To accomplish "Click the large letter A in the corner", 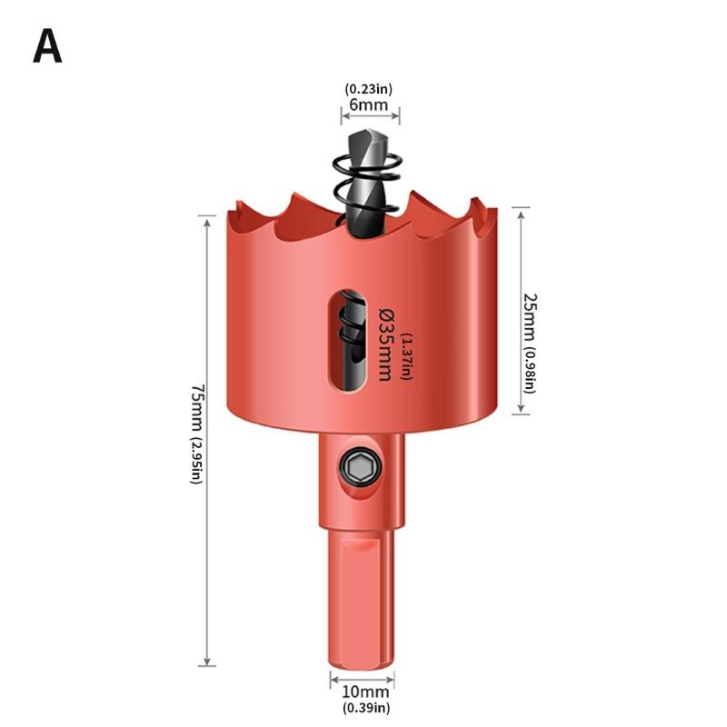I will [47, 47].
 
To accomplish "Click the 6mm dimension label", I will [369, 105].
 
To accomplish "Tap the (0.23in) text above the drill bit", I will [369, 89].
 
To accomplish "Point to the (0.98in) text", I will [530, 371].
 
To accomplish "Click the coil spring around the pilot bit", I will [367, 182].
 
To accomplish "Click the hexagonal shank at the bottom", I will [362, 600].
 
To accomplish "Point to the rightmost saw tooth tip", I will [492, 210].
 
